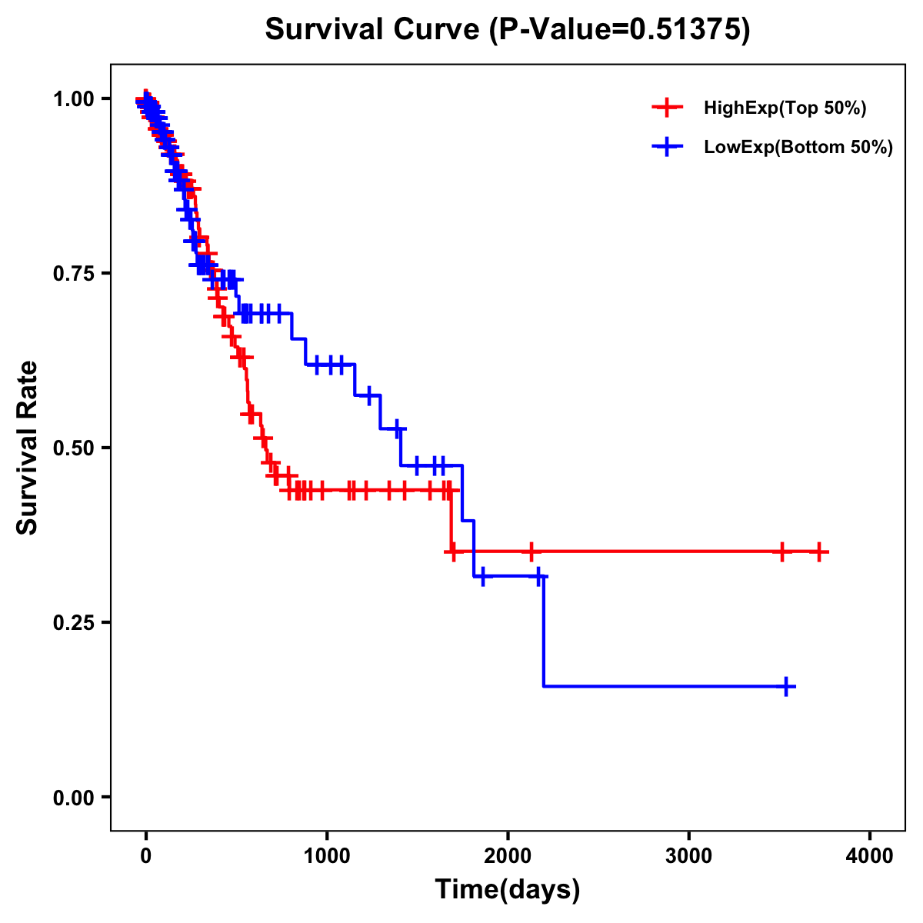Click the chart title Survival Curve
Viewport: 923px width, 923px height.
point(507,30)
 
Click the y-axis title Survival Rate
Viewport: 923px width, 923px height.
point(28,448)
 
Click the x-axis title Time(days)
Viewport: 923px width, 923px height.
point(507,889)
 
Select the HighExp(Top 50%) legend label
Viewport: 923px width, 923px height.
point(785,108)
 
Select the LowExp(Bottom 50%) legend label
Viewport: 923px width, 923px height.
point(798,148)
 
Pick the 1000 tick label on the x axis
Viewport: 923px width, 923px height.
point(327,856)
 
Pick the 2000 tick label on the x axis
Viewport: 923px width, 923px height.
point(508,856)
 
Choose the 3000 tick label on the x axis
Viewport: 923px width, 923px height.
point(688,856)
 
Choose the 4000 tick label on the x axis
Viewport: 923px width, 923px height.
point(870,856)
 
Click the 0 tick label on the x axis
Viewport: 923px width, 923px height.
point(146,856)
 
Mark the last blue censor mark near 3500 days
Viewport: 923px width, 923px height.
point(786,686)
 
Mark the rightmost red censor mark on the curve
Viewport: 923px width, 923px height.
point(819,551)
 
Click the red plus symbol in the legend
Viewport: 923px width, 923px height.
point(667,108)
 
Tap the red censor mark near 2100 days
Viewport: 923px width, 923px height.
point(530,551)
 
